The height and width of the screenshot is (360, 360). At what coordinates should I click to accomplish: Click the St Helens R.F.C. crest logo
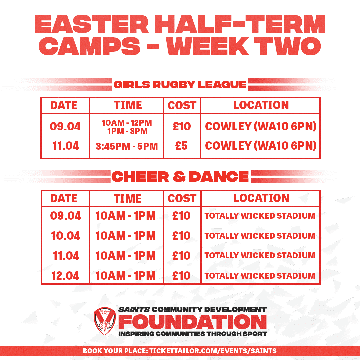click(105, 321)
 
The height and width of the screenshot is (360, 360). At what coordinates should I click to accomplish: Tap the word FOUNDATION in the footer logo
click(192, 322)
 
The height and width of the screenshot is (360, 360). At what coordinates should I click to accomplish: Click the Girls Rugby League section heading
click(180, 84)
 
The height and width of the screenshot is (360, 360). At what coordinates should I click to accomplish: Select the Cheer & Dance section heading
click(180, 177)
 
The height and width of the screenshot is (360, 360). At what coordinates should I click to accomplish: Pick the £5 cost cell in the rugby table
click(181, 146)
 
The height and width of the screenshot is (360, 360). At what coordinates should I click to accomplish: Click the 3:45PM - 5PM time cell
click(127, 146)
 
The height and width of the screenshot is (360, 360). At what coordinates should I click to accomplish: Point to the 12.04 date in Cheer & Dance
click(65, 276)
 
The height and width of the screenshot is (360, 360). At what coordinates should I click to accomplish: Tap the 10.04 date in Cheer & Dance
click(65, 236)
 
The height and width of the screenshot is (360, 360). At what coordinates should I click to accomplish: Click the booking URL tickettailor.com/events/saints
click(213, 351)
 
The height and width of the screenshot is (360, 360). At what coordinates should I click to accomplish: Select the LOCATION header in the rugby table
click(261, 105)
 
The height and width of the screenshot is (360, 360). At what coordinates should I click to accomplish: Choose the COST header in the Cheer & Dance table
click(182, 199)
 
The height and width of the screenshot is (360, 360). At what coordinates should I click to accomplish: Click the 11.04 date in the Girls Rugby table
click(65, 146)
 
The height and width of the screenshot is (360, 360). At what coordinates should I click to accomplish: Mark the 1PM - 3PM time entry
click(127, 131)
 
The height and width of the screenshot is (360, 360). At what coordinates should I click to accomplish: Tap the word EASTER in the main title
click(92, 24)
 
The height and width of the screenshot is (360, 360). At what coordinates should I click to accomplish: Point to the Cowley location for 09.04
click(261, 126)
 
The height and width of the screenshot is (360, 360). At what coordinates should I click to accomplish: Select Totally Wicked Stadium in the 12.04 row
click(260, 276)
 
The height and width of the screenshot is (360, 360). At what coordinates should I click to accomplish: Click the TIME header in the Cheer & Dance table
click(128, 199)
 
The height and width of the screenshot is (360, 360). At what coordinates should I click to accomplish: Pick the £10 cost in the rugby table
click(182, 126)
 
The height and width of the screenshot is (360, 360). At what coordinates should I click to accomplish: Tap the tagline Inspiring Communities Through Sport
click(193, 334)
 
